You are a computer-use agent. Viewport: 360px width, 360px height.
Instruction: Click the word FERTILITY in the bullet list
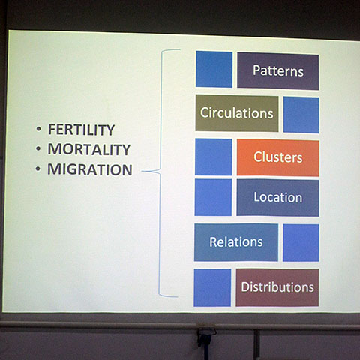click(x=81, y=130)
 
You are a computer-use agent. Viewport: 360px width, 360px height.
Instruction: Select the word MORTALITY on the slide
click(x=89, y=149)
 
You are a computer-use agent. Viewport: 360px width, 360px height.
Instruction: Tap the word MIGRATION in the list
click(x=90, y=169)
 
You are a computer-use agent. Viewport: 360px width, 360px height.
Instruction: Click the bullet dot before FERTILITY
click(x=38, y=129)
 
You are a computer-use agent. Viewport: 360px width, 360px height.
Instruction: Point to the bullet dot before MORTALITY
click(x=38, y=148)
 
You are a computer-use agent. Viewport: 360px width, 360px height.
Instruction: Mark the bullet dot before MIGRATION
click(x=38, y=169)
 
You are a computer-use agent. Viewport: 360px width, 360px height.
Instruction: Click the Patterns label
click(x=278, y=70)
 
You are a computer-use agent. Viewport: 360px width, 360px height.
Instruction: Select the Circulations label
click(x=236, y=113)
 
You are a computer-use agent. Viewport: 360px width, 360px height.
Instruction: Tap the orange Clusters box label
click(x=278, y=157)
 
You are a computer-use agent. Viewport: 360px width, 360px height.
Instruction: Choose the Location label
click(x=278, y=197)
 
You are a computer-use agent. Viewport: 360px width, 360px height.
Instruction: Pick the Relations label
click(x=236, y=241)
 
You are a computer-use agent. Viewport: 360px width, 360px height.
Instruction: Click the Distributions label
click(x=277, y=286)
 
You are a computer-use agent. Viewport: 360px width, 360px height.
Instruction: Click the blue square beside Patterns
click(x=214, y=69)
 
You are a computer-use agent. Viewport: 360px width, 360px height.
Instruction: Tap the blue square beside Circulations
click(x=301, y=115)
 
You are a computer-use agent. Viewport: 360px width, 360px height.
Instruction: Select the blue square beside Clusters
click(x=214, y=157)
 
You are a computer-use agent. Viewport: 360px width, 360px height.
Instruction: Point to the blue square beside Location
click(x=213, y=197)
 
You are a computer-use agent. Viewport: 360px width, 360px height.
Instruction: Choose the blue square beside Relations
click(x=301, y=243)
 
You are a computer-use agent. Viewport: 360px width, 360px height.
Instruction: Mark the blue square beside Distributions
click(x=212, y=287)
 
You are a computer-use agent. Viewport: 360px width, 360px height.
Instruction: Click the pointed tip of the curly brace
click(x=142, y=172)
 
